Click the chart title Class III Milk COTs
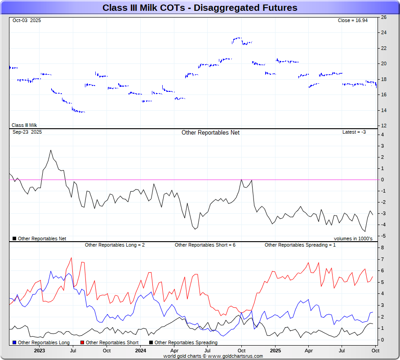(200, 8)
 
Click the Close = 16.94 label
(353, 21)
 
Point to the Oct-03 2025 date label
(27, 21)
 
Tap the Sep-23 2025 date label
(27, 132)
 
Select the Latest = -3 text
(354, 132)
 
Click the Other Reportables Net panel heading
(210, 133)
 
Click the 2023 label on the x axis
(40, 351)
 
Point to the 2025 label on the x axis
(275, 351)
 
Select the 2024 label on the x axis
(141, 351)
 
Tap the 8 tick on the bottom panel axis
(382, 248)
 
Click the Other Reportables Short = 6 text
(205, 245)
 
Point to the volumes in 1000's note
(353, 238)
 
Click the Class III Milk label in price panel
(24, 126)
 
